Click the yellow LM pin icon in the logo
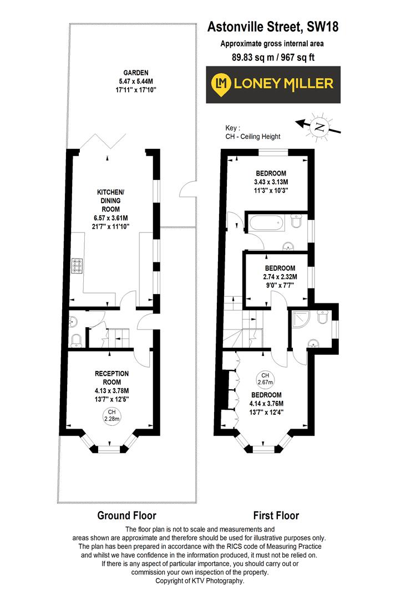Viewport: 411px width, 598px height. click(222, 84)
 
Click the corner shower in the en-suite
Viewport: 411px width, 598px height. click(300, 319)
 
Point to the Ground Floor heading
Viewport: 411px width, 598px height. click(126, 515)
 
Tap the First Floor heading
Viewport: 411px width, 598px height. click(276, 515)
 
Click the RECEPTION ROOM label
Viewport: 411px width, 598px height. click(112, 378)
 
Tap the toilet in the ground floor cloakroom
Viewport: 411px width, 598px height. click(75, 339)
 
